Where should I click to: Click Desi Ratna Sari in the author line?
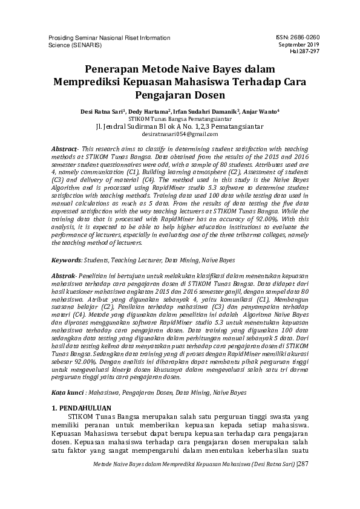97,112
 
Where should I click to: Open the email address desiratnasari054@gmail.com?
179,134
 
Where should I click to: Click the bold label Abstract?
64,149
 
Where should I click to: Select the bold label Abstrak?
64,276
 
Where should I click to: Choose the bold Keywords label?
67,260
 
